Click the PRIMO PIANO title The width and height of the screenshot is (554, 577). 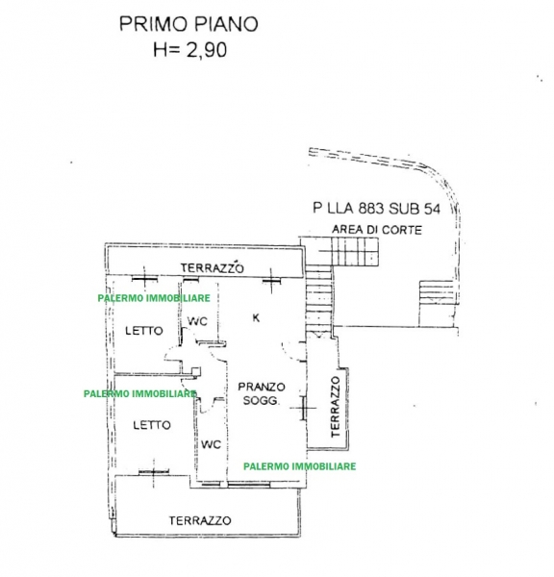(189, 24)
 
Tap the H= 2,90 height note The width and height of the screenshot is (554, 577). (189, 50)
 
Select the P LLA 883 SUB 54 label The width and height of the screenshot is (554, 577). (377, 209)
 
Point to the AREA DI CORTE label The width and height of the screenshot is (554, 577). (377, 230)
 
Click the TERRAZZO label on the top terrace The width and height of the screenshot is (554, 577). (212, 267)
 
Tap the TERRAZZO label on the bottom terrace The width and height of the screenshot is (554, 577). (200, 520)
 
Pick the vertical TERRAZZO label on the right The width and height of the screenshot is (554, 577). (335, 407)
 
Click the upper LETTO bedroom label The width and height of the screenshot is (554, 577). (144, 331)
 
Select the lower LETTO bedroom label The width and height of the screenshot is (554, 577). (152, 425)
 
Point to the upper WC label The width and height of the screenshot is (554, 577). (198, 321)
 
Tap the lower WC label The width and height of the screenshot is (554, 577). (211, 444)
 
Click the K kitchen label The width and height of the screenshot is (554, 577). (256, 317)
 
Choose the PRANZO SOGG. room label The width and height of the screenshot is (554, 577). (261, 393)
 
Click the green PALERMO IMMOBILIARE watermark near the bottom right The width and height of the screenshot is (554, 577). (300, 466)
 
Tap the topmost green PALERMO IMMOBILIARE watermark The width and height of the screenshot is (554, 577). (154, 298)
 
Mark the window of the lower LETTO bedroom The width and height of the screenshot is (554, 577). (154, 472)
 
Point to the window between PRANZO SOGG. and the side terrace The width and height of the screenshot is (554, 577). (303, 408)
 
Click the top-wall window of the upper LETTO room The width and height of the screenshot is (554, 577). (144, 279)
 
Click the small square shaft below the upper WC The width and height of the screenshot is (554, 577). (196, 371)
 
